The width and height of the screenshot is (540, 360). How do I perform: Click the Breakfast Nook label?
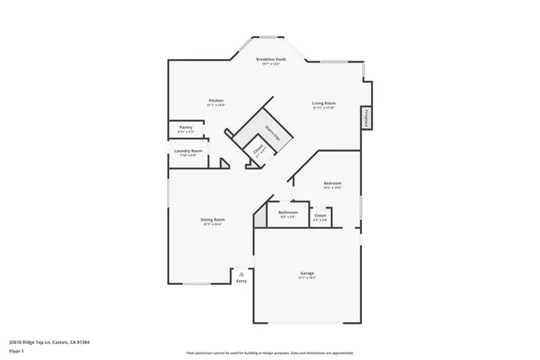pos(272,60)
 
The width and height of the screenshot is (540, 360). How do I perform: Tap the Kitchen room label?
pos(216,101)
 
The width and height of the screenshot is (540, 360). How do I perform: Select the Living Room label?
pos(324,104)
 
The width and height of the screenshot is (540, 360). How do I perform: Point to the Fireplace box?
pos(367,118)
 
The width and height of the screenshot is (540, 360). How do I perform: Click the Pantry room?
pos(186,128)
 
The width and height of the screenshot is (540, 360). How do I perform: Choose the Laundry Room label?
pos(189,152)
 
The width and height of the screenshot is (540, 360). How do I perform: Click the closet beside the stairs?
pos(259,152)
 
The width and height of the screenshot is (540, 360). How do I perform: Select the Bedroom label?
pos(332,183)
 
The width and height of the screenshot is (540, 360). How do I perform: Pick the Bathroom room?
pos(288,214)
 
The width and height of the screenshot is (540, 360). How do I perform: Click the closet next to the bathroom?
pos(321,218)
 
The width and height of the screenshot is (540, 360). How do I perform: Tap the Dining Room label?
pos(213,220)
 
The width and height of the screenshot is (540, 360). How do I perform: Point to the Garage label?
pos(307,273)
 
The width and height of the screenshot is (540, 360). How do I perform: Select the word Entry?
pos(242,281)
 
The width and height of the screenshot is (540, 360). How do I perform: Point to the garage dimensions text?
pos(307,278)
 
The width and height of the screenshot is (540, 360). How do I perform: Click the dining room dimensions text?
pos(213,225)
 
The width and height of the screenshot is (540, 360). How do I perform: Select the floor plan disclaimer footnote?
pos(270,352)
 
